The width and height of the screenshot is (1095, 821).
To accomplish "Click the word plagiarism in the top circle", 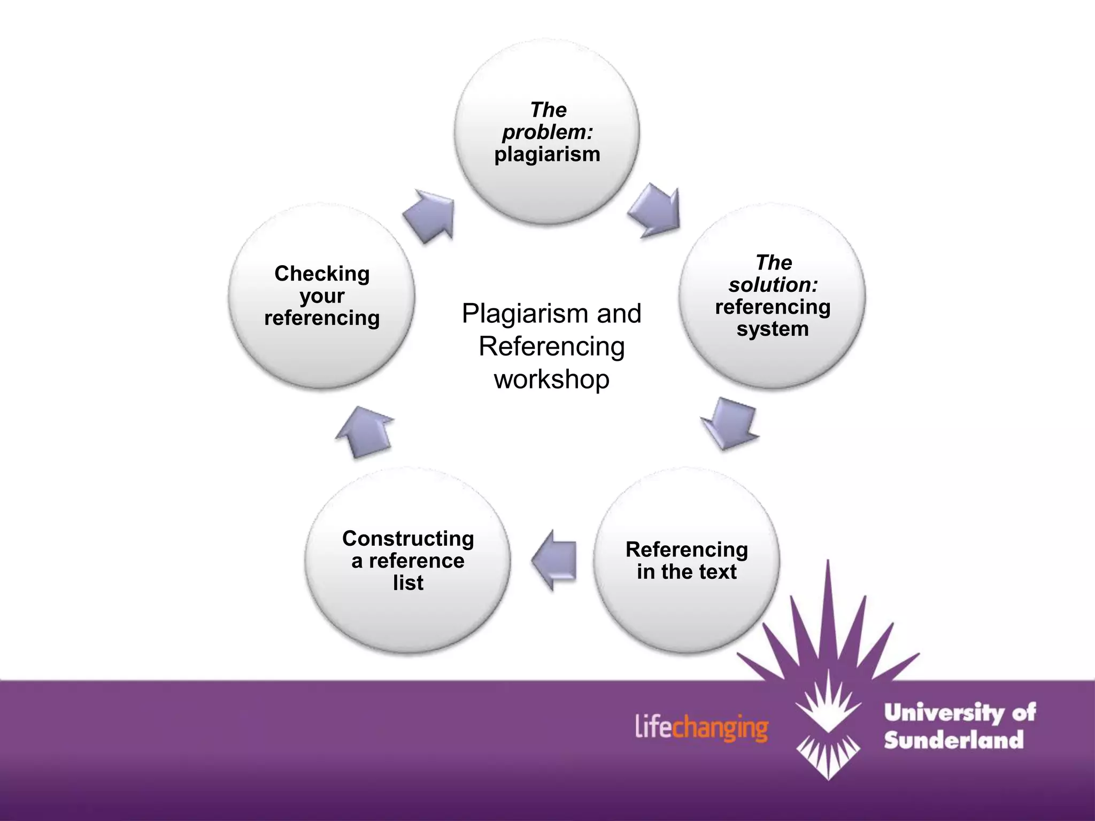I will [547, 155].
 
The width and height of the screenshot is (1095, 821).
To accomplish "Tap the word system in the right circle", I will [773, 329].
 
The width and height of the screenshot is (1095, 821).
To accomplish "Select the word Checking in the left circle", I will [322, 274].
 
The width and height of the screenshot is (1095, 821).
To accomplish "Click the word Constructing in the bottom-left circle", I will [408, 538].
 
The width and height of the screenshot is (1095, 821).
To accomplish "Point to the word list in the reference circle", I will [408, 583].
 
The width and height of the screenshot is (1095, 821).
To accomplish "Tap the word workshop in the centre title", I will [551, 379].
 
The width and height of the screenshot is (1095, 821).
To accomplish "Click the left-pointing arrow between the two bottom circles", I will [555, 560].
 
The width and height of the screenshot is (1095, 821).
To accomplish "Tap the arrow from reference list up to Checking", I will [365, 431].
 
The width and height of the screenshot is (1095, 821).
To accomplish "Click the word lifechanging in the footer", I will [701, 728].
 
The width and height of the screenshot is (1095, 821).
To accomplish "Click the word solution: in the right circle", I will [773, 285].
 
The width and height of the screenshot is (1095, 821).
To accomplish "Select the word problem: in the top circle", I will [547, 133].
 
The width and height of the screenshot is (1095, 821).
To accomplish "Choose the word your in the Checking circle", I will [322, 296].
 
